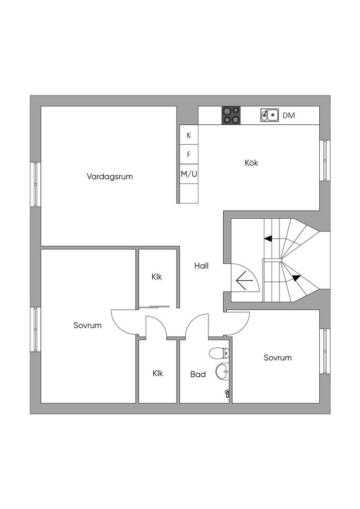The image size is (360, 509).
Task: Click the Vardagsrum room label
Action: (110, 177)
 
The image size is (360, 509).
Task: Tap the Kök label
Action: (251, 163)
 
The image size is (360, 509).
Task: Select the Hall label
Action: (201, 266)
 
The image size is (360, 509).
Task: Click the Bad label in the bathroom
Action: (198, 375)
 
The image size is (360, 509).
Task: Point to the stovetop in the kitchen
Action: (231, 115)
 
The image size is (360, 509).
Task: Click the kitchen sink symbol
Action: (270, 115)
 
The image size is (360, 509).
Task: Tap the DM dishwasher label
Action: (288, 115)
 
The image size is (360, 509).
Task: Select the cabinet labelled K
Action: (189, 135)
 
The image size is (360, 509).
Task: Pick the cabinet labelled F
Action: (189, 155)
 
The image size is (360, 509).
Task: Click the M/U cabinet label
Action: (189, 174)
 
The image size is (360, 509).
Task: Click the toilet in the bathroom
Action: (219, 353)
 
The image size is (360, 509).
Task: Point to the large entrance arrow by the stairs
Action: (245, 280)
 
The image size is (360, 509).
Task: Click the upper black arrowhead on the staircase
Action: (268, 239)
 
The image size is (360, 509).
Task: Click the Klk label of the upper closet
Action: (157, 277)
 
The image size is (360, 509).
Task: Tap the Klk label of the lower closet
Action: (158, 373)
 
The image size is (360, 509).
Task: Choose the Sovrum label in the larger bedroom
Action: (88, 325)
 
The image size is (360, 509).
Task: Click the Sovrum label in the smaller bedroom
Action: (277, 358)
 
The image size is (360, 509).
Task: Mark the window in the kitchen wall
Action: (325, 161)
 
